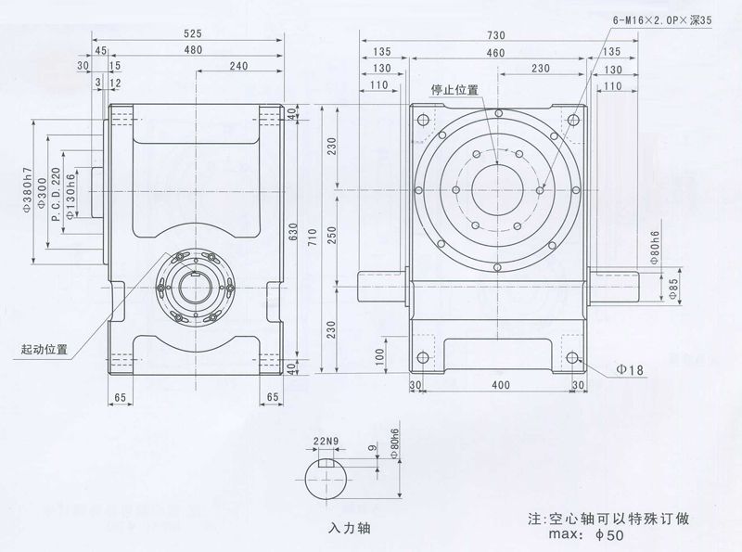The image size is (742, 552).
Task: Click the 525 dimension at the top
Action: [x=192, y=33]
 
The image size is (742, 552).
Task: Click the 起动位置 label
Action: [x=45, y=350]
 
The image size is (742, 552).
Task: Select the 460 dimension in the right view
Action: [x=495, y=53]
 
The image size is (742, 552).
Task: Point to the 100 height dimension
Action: [x=381, y=354]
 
